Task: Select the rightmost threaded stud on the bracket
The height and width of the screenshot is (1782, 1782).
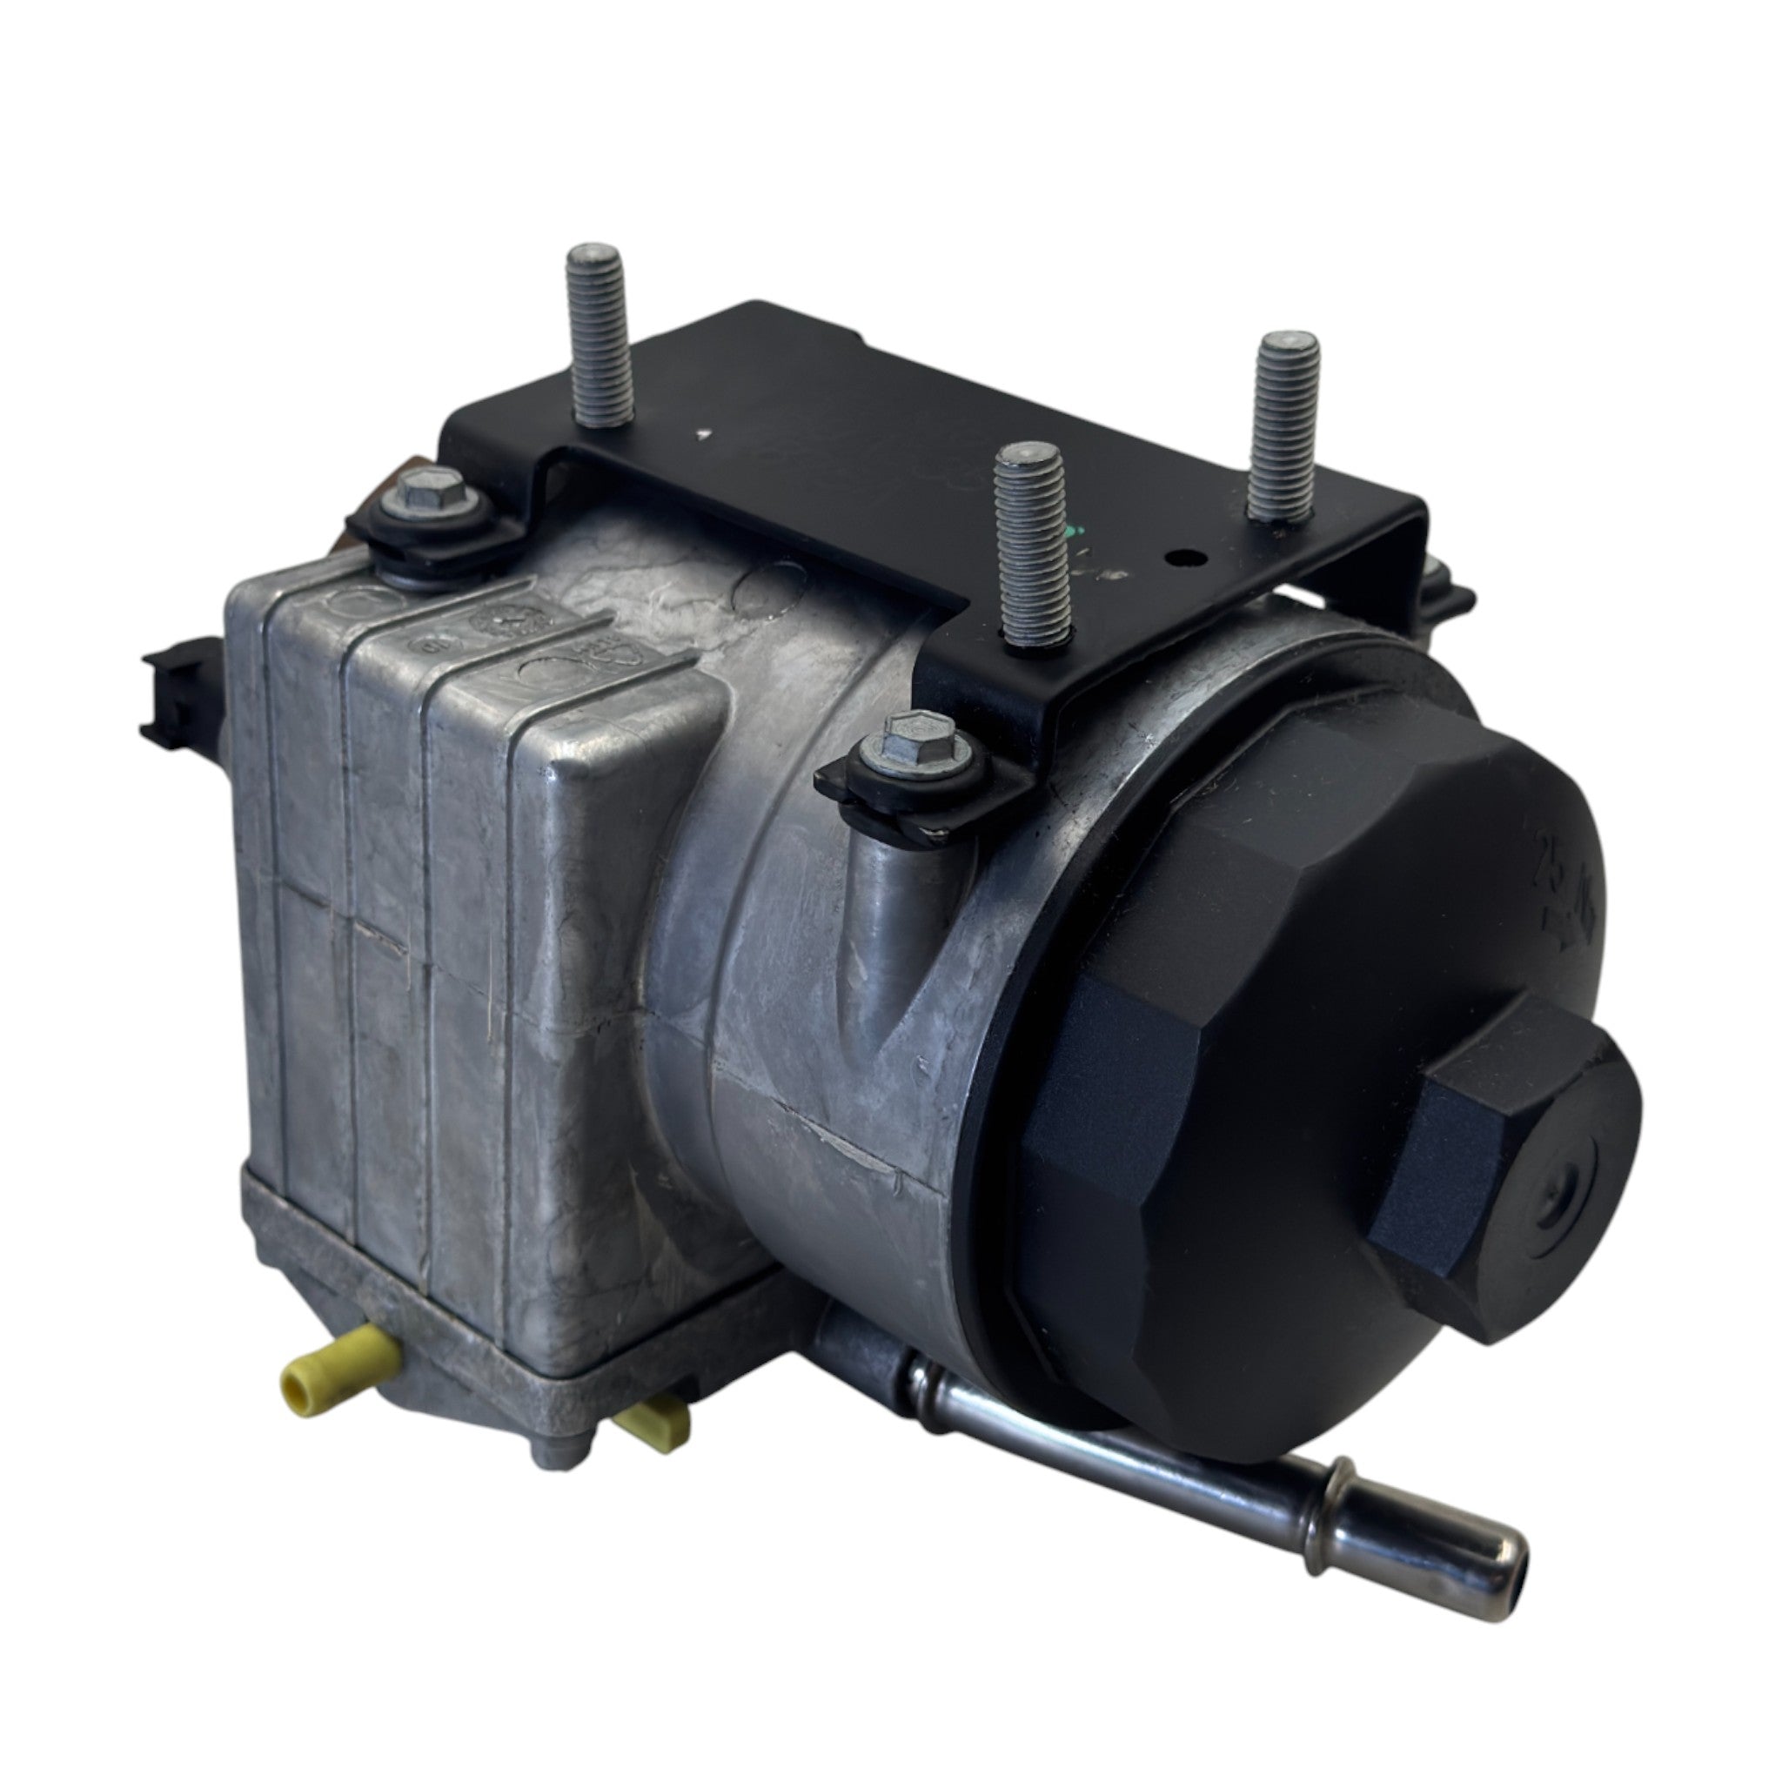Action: (x=1284, y=425)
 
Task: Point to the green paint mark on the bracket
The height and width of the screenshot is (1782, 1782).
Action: (x=1069, y=536)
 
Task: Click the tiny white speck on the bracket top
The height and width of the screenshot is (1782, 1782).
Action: (x=706, y=431)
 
